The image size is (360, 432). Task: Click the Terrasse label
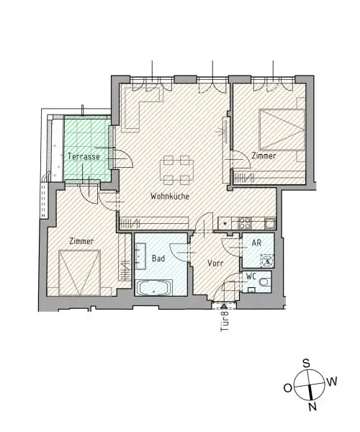(83, 156)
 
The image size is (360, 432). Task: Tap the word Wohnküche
(169, 197)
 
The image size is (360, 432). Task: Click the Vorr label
(215, 264)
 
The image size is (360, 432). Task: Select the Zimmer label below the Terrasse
(81, 241)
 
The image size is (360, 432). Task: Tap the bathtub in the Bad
(153, 289)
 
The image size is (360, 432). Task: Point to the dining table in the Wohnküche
(176, 170)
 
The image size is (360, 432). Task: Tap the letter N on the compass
(312, 407)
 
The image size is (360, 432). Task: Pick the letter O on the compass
(287, 388)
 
